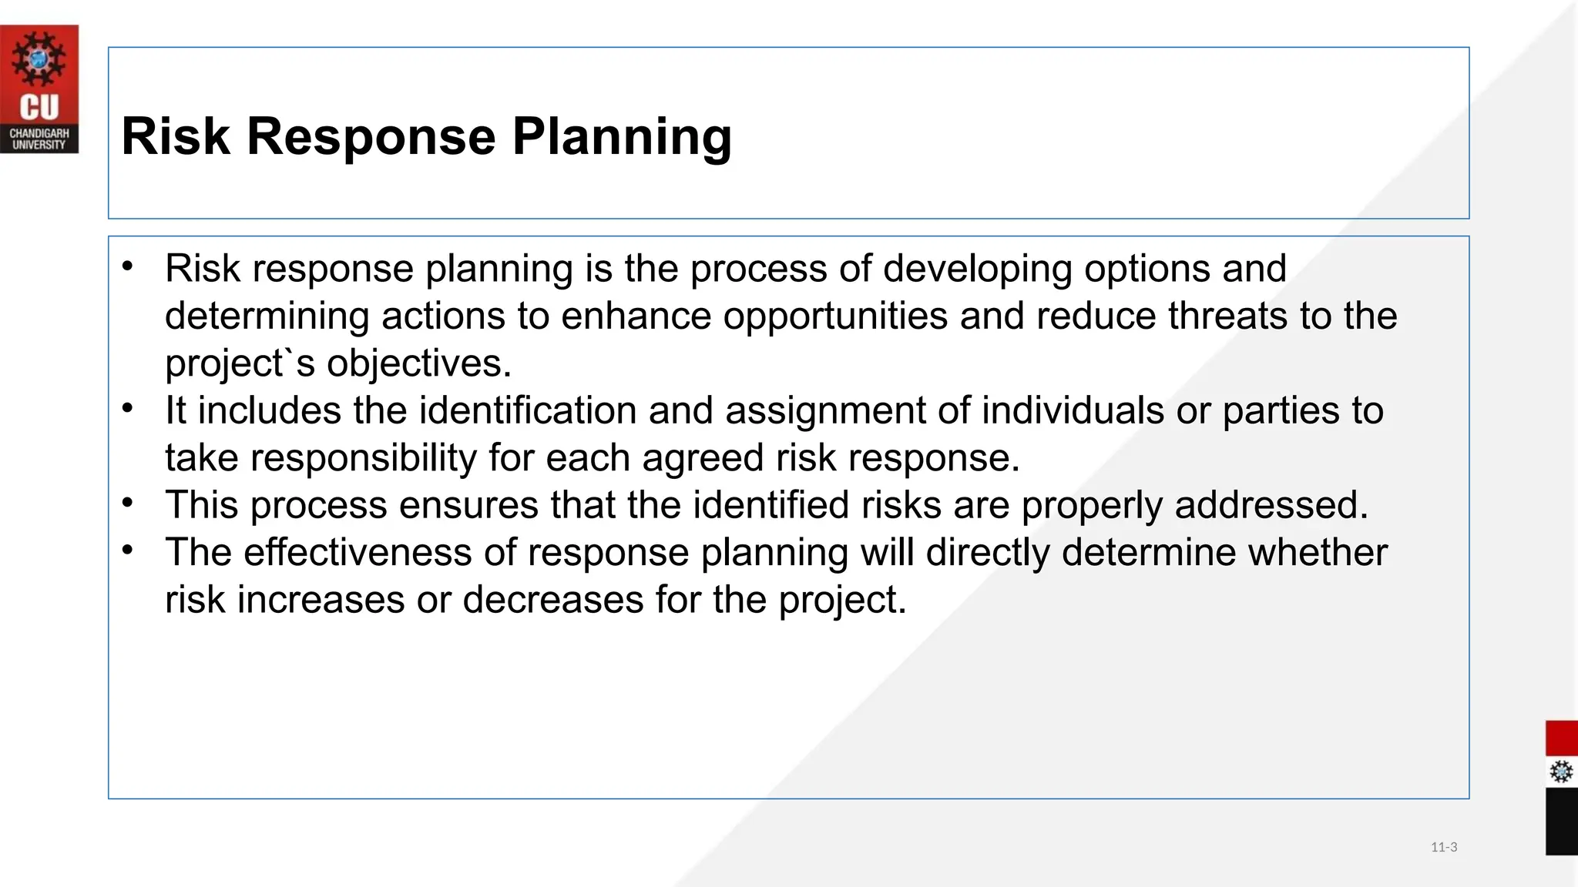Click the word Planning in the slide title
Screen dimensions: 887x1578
(622, 137)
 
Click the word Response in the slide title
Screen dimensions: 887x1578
(371, 137)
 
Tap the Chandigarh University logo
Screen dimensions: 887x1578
(39, 89)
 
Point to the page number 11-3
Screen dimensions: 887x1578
(1444, 847)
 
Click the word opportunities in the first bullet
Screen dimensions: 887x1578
(835, 316)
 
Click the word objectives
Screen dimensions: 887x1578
(419, 363)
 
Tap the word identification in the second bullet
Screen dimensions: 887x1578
(527, 410)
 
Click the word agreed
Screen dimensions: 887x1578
(702, 458)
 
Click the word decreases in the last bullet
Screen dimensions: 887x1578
(552, 600)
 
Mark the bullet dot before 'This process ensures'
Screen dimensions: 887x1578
(128, 504)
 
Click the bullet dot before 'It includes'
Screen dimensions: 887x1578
(128, 408)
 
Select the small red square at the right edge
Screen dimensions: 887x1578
(1561, 738)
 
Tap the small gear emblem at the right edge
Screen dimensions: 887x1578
(1561, 772)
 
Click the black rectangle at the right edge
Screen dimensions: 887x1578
(1561, 821)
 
